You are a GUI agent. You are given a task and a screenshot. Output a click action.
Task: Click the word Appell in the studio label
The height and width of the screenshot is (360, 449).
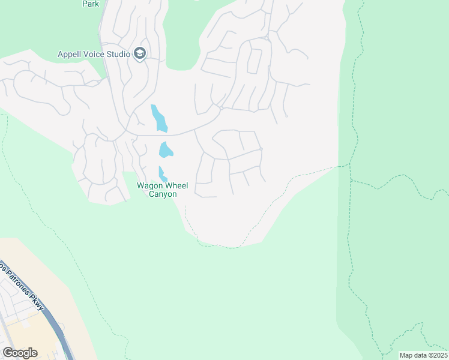click(71, 54)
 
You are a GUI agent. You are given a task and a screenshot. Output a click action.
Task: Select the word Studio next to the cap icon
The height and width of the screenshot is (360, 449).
click(119, 54)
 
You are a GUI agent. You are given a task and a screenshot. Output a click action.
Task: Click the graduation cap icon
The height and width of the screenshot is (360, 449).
click(140, 54)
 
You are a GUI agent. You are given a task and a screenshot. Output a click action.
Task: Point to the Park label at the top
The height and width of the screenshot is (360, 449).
click(91, 4)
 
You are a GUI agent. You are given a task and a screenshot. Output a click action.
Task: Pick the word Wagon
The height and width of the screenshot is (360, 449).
click(149, 185)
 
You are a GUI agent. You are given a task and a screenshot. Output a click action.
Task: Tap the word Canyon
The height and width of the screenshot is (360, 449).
click(163, 194)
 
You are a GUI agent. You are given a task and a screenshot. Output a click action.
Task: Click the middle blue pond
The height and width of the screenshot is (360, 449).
click(165, 149)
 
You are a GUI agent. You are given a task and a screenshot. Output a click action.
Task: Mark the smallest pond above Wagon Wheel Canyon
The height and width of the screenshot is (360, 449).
click(162, 175)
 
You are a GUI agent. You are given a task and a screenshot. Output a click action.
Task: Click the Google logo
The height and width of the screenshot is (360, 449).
click(20, 353)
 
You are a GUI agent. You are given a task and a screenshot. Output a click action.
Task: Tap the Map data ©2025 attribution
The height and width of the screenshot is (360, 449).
click(423, 355)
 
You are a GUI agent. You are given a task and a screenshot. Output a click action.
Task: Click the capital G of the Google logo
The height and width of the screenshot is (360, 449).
click(7, 353)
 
